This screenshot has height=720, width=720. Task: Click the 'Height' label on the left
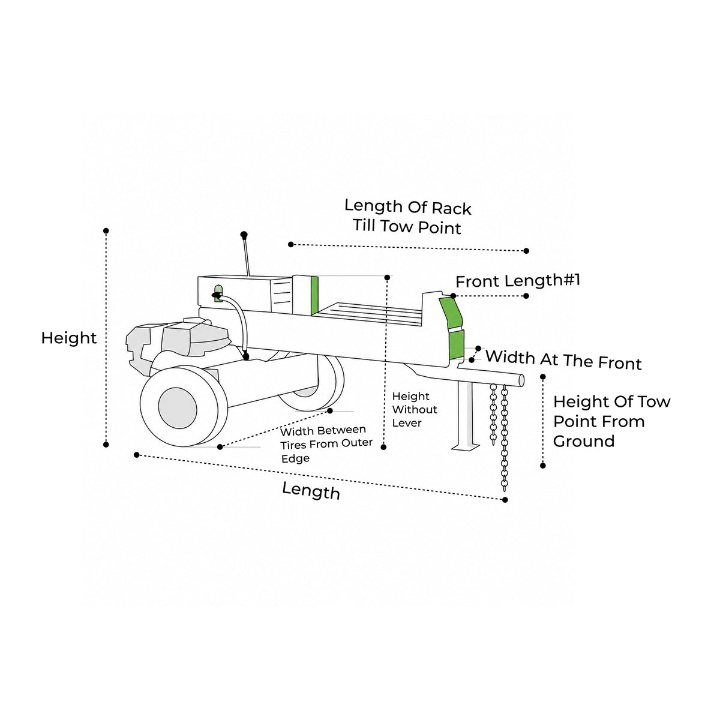pos(69,338)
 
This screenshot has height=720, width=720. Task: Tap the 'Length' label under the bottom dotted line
pos(311,491)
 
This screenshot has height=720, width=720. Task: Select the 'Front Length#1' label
pos(517,281)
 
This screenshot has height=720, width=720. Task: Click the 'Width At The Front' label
pos(563,360)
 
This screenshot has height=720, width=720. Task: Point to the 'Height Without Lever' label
pos(414,410)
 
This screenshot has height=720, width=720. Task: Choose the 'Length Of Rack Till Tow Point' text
pos(407,217)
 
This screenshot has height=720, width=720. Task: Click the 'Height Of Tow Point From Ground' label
pos(611,421)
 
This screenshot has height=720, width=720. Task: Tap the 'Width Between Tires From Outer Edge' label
pos(326,444)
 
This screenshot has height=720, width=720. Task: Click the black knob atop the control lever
pos(244,235)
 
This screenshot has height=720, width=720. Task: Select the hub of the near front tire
pos(178,408)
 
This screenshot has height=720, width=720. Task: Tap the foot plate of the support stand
pos(465,446)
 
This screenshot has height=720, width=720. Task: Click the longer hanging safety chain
pos(505,438)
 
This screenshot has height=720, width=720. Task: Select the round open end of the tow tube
pos(521,381)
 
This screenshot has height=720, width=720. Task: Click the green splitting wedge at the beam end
pos(453,328)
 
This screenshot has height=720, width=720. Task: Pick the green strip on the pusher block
pos(314,296)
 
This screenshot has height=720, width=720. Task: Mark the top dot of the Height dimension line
pos(106,231)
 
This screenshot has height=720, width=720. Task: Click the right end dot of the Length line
pos(505,500)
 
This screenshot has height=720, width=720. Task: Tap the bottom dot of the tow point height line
pos(543,466)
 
